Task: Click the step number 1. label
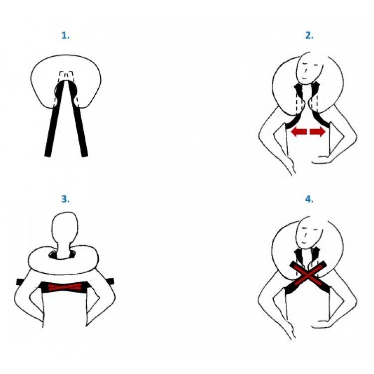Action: coord(66,35)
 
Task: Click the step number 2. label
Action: coord(309,35)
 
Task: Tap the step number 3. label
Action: coord(66,199)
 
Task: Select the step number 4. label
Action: coord(309,199)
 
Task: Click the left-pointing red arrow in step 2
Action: coord(299,132)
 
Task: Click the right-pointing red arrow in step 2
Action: coord(318,132)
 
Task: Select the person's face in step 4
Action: coord(309,233)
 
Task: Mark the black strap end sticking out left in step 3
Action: coord(20,282)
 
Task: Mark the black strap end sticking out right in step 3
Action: coord(110,281)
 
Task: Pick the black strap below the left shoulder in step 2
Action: coord(293,121)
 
